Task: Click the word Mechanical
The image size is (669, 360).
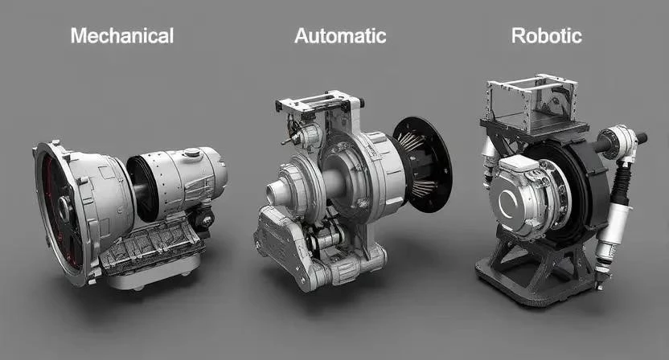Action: (x=122, y=36)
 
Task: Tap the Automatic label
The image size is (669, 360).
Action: (x=340, y=36)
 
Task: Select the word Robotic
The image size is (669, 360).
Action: (x=547, y=36)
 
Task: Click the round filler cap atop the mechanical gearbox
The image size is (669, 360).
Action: (x=192, y=152)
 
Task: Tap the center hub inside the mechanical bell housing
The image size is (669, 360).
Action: (x=64, y=209)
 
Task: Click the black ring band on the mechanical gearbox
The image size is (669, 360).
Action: (x=143, y=188)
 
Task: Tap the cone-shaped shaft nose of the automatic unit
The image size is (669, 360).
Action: (x=277, y=193)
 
